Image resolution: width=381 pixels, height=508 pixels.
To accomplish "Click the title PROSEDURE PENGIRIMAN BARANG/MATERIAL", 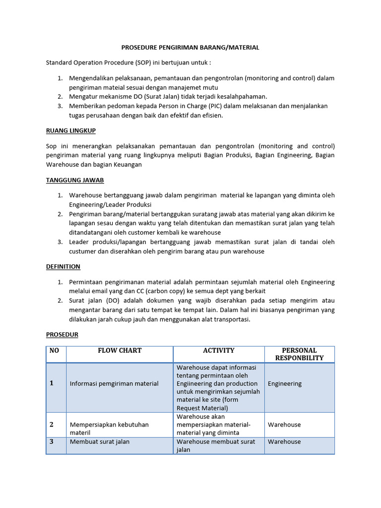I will pyautogui.click(x=190, y=48).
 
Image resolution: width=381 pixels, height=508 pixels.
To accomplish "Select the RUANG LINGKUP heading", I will pyautogui.click(x=70, y=130).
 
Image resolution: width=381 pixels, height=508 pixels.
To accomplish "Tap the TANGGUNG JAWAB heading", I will pyautogui.click(x=74, y=181).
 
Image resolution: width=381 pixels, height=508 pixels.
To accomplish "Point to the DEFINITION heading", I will pyautogui.click(x=63, y=266).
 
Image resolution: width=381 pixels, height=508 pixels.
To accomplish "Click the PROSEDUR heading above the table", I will pyautogui.click(x=62, y=335).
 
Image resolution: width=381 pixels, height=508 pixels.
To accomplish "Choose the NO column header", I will pyautogui.click(x=54, y=351).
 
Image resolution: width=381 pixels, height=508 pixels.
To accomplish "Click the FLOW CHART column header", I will pyautogui.click(x=120, y=351).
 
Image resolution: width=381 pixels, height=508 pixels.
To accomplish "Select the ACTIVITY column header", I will pyautogui.click(x=218, y=351).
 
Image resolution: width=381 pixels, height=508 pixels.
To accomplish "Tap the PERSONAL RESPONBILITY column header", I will pyautogui.click(x=299, y=354).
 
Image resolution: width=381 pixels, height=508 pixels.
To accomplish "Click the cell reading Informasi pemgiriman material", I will pyautogui.click(x=114, y=383).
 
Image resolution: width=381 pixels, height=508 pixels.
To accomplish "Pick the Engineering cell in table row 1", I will pyautogui.click(x=284, y=383).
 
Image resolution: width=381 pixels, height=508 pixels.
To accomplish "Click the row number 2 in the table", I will pyautogui.click(x=51, y=425).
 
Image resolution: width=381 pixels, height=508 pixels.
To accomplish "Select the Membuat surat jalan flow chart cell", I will pyautogui.click(x=99, y=442).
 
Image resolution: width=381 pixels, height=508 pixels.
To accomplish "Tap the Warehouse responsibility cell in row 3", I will pyautogui.click(x=284, y=442).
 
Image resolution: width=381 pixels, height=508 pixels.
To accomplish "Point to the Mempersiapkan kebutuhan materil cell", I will pyautogui.click(x=109, y=429).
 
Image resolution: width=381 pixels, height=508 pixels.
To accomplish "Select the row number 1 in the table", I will pyautogui.click(x=51, y=383).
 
